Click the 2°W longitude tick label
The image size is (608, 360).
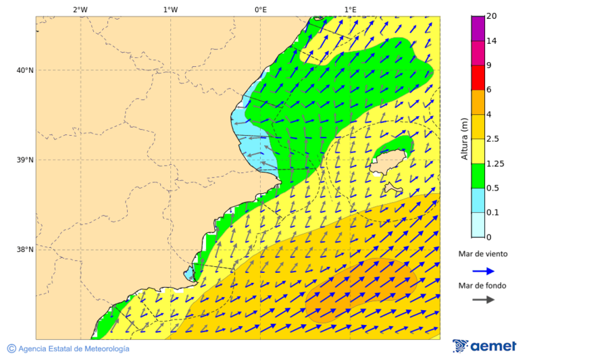pos(80,9)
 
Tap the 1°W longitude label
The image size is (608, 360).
pos(170,9)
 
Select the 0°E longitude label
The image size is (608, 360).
pos(260,9)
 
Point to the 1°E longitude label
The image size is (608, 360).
pos(350,9)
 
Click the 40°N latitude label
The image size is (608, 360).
pos(25,70)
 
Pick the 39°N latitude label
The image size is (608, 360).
pos(25,160)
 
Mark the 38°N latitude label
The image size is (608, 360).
pos(25,250)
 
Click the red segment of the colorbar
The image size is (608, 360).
pos(478,78)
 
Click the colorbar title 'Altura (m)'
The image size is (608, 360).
pos(464,139)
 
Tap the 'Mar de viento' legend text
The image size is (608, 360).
pos(482,255)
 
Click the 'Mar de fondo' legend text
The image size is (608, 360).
pos(482,286)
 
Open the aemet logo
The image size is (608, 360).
pos(484,346)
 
